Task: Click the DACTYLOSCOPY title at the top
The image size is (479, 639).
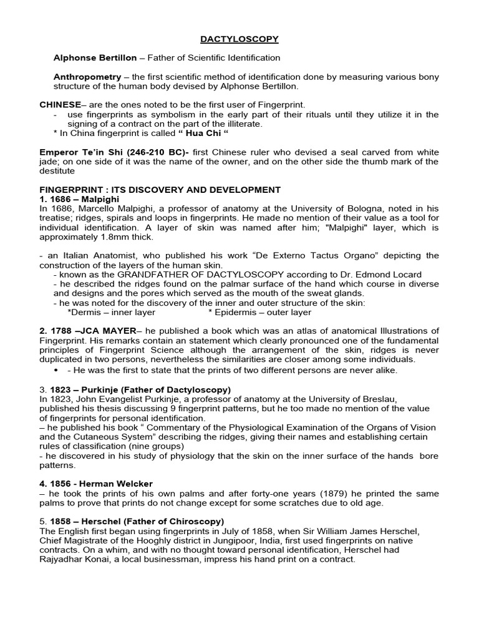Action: (239, 39)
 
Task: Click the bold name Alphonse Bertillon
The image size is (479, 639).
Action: (95, 58)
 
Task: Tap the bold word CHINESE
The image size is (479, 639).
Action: (60, 105)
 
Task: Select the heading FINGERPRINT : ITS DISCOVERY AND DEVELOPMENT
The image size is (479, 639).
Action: (160, 190)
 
